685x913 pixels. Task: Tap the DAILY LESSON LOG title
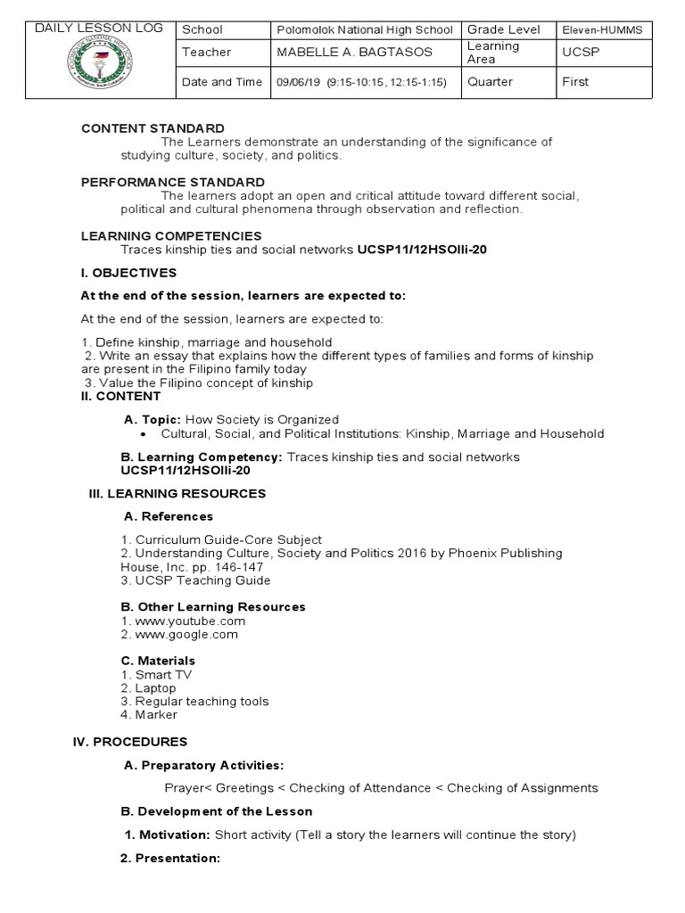coord(98,29)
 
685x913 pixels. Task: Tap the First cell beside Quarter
coord(576,82)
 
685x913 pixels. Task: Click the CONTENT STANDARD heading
coord(153,128)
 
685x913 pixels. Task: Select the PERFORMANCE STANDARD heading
coord(172,183)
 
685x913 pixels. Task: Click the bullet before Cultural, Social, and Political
coord(144,434)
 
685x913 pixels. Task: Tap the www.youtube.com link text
coord(190,621)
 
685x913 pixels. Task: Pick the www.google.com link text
coord(186,634)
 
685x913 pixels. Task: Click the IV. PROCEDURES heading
coord(129,742)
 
